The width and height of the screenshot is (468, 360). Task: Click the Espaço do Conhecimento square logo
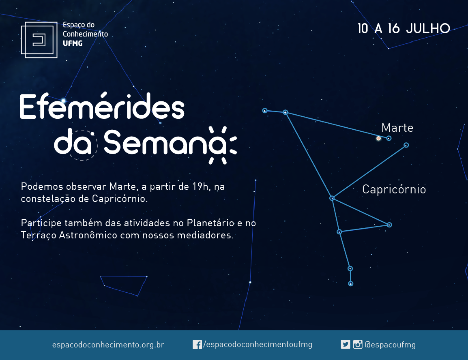[x=39, y=40]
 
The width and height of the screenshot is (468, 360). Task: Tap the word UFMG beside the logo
[x=73, y=43]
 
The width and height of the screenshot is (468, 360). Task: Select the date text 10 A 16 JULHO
[x=404, y=29]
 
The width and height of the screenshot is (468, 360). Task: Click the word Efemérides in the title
[x=102, y=106]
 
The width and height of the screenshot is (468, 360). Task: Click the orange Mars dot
[x=378, y=138]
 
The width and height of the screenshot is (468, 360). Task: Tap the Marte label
[x=397, y=128]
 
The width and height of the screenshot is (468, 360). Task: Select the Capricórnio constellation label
[x=394, y=189]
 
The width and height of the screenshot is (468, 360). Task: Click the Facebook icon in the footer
[x=197, y=345]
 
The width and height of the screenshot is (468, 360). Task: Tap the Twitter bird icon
[x=346, y=345]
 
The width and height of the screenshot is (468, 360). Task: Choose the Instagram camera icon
[x=358, y=345]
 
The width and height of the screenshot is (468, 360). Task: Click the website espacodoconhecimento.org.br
[x=108, y=345]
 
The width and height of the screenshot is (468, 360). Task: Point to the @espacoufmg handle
[x=391, y=345]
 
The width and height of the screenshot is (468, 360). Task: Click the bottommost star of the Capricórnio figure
[x=351, y=284]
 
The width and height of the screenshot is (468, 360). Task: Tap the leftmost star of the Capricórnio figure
[x=265, y=111]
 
